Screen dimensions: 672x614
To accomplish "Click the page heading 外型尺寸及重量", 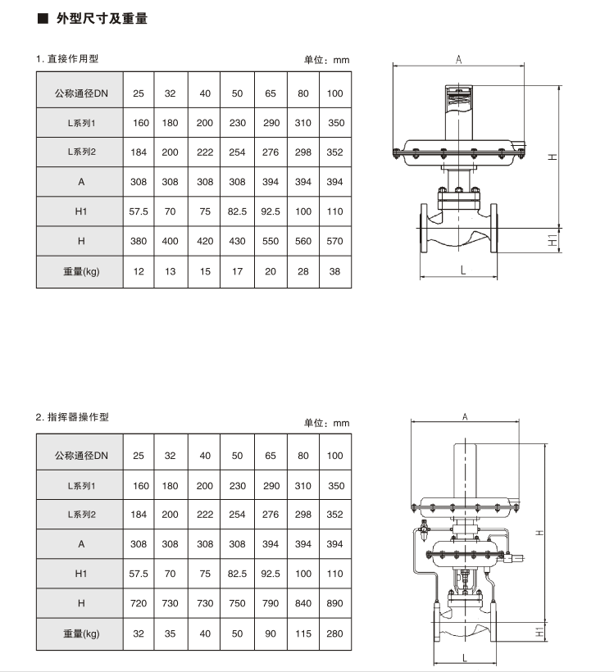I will (x=102, y=18).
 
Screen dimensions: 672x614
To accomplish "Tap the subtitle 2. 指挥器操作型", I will (x=72, y=417).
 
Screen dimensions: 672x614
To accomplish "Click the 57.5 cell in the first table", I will (x=139, y=211).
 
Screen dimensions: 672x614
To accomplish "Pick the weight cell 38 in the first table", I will (x=334, y=271).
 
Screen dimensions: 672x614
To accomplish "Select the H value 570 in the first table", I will (x=334, y=242).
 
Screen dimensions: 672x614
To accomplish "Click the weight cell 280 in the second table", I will (x=334, y=633).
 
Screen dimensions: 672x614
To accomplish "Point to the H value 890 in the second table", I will (x=334, y=604).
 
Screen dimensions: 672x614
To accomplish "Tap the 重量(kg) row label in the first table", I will (x=80, y=271).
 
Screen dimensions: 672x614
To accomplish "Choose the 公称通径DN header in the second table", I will (x=80, y=456).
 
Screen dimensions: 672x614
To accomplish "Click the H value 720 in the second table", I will (x=139, y=604).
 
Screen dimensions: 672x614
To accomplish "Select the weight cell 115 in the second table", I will (x=303, y=633).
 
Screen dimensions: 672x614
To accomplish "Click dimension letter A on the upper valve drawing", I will (x=459, y=59).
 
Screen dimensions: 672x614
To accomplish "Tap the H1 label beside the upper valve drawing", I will (x=553, y=239).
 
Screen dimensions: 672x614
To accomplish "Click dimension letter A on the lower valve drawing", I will (x=465, y=417).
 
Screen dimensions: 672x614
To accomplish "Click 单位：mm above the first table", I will (x=326, y=60).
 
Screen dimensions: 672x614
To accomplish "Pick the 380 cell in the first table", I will (x=139, y=242).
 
